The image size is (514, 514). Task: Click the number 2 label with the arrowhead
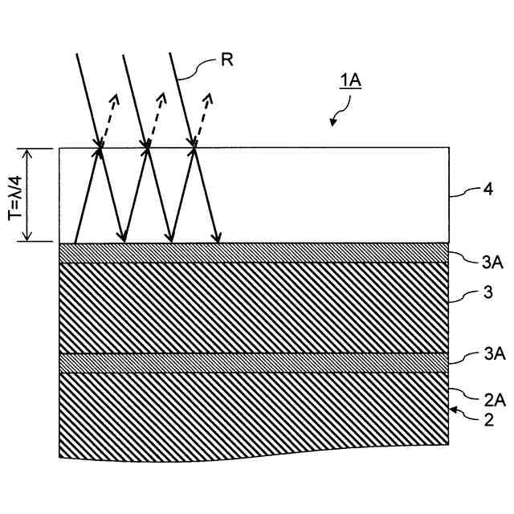pyautogui.click(x=478, y=418)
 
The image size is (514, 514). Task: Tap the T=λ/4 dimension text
pyautogui.click(x=14, y=195)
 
